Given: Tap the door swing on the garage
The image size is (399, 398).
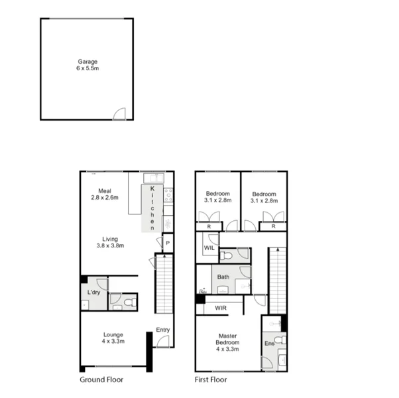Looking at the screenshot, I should click(119, 114).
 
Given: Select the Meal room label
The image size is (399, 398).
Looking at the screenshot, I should click(104, 193).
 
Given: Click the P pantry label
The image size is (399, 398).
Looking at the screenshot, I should click(168, 243).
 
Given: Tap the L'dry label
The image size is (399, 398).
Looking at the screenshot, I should click(93, 292).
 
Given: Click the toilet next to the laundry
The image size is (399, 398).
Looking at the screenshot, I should click(129, 302).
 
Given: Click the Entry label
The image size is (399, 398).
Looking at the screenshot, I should click(163, 330).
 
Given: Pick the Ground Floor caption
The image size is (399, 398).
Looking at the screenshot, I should click(101, 380).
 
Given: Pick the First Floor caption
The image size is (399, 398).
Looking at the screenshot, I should click(211, 380).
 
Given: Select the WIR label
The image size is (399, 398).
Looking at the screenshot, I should click(220, 308).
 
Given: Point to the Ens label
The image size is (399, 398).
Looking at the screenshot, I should click(268, 344).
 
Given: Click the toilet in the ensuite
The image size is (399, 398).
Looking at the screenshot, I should click(280, 340).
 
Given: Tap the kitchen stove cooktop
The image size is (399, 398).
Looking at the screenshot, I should click(168, 195).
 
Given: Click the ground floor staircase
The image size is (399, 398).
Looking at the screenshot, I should click(164, 285).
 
